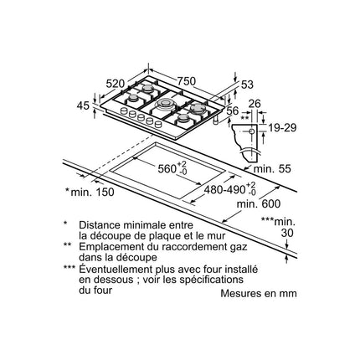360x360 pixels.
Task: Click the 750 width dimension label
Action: click(186, 81)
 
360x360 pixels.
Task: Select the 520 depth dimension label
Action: click(116, 84)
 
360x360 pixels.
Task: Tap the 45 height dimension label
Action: click(83, 105)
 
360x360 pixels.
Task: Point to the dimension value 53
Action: click(247, 85)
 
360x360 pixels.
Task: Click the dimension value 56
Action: click(233, 111)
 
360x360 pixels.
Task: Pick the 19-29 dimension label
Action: click(282, 128)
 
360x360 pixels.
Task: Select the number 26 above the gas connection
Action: click(255, 104)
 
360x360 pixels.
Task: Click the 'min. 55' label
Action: click(272, 169)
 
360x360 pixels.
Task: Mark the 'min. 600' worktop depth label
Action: click(259, 204)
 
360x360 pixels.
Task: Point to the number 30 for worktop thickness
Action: click(287, 233)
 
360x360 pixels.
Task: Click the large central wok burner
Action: click(166, 105)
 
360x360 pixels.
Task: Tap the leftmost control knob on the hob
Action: click(124, 111)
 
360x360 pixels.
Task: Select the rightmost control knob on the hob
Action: click(158, 124)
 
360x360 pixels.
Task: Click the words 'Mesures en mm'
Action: click(259, 293)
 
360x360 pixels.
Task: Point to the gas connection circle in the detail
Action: click(251, 131)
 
